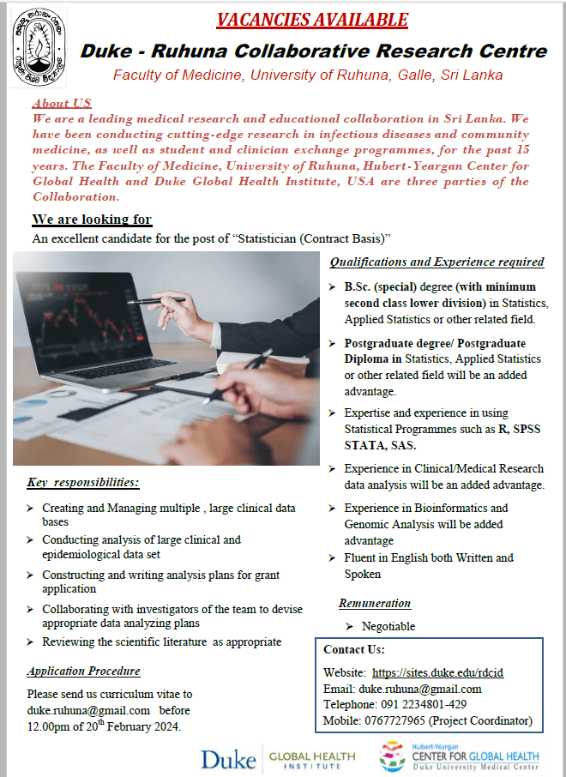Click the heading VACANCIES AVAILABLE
(312, 19)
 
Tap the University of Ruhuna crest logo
(37, 43)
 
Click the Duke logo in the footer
(228, 758)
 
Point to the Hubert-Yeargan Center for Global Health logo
(461, 756)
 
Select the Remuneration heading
(375, 604)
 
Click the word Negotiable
(388, 627)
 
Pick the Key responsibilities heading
(83, 482)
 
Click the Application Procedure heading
(83, 672)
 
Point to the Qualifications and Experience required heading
(437, 262)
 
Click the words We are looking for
(92, 220)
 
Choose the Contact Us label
(354, 649)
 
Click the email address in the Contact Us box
(420, 689)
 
